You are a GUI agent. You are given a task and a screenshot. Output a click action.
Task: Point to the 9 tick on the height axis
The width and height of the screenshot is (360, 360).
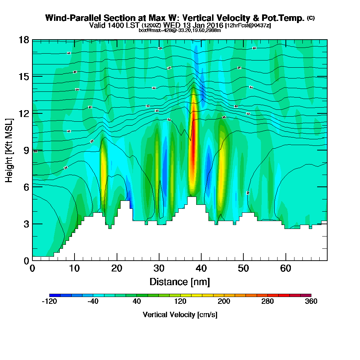pos(32,150)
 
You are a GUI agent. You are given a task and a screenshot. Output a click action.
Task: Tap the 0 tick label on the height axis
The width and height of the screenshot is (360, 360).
pos(26,260)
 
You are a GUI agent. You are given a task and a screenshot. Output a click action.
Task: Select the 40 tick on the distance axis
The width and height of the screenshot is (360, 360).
pos(201,260)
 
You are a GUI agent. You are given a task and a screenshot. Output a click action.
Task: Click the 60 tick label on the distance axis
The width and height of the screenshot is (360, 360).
pos(285,268)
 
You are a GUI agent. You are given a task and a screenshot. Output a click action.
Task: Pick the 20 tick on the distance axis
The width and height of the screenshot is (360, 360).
pos(117,260)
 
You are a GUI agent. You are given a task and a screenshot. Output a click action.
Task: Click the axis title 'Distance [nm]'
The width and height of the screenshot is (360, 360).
pos(180,281)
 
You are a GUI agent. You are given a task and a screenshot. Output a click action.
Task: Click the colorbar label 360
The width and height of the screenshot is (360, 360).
pos(311,302)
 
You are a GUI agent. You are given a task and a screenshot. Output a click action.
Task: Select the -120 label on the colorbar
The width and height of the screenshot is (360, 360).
pos(49,302)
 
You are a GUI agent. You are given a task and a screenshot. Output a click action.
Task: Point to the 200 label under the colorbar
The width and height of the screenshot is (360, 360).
pos(224,302)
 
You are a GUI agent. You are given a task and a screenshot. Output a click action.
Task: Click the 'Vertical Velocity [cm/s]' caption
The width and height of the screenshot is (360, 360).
pos(180,315)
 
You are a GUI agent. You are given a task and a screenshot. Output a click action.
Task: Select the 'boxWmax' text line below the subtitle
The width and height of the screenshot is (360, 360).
pos(180,30)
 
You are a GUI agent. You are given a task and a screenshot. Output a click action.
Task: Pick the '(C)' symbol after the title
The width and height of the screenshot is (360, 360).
pos(311,18)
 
